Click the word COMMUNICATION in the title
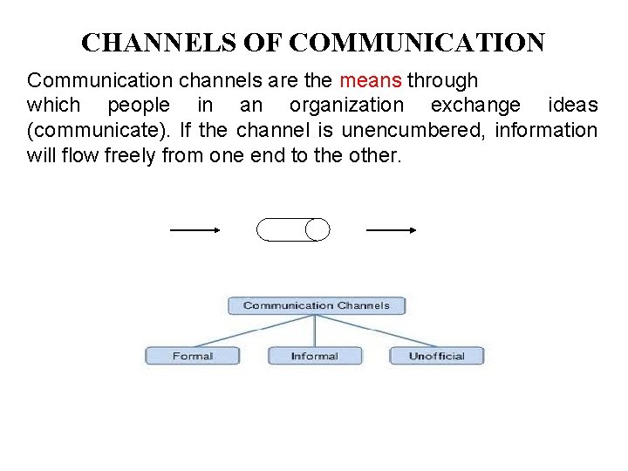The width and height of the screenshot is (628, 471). click(x=417, y=42)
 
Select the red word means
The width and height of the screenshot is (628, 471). click(x=371, y=81)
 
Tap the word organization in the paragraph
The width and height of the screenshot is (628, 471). click(x=346, y=106)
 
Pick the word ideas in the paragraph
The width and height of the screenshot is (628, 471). click(x=573, y=106)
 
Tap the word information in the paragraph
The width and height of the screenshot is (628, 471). click(x=544, y=131)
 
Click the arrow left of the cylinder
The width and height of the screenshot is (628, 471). click(x=195, y=230)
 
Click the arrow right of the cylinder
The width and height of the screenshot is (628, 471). click(x=392, y=230)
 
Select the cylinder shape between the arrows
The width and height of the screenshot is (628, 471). click(x=293, y=229)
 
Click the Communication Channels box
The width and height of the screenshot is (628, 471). click(x=316, y=305)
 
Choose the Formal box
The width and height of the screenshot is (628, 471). click(x=192, y=356)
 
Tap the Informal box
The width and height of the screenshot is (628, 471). click(x=314, y=356)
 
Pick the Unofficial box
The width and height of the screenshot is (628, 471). click(x=436, y=356)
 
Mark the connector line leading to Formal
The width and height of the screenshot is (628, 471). click(x=253, y=331)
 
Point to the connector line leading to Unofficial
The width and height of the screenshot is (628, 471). click(x=377, y=331)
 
